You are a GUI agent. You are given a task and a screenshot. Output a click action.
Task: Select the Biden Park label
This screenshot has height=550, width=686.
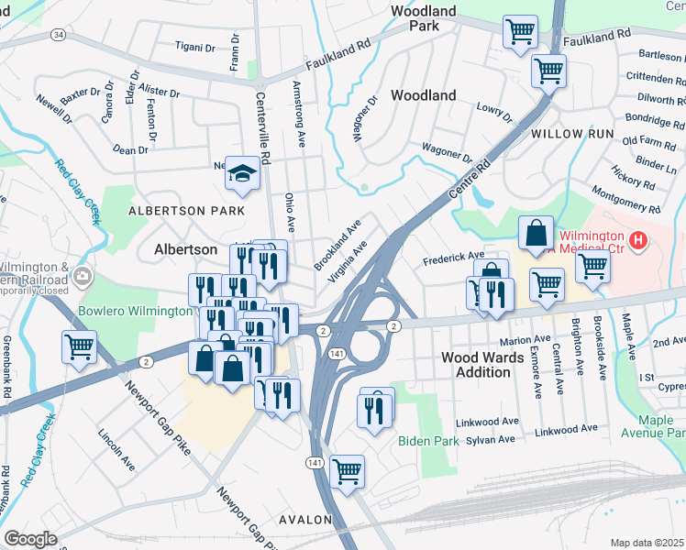click(427, 441)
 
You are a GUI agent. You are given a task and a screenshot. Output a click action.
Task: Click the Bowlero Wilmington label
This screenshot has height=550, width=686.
click(135, 312)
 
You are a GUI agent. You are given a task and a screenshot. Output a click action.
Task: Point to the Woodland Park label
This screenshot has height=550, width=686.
click(424, 18)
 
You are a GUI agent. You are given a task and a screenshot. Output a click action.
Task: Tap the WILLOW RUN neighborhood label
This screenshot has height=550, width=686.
click(571, 134)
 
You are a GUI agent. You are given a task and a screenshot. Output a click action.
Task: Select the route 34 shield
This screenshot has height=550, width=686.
click(59, 35)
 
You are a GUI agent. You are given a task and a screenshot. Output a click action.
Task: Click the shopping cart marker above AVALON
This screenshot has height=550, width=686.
click(347, 471)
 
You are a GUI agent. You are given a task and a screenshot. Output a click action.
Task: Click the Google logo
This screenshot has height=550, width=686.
click(31, 539)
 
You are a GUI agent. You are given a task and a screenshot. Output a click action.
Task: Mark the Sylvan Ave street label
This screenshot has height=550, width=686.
click(491, 440)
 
